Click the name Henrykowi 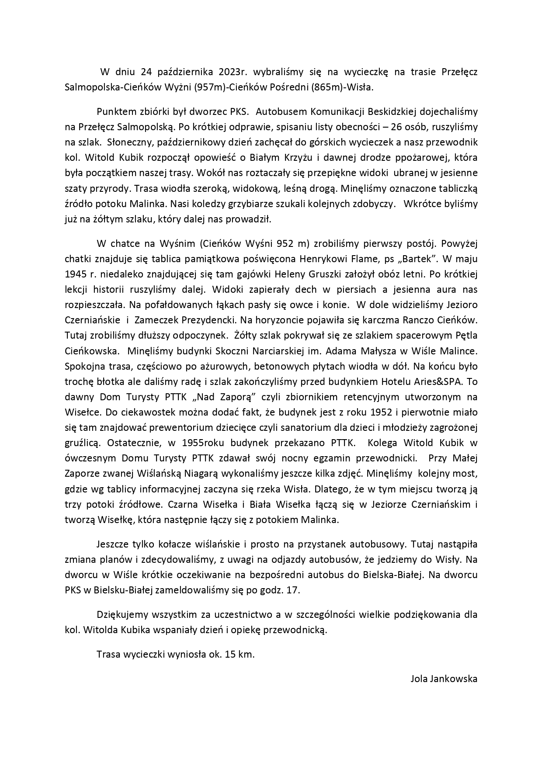[323, 259]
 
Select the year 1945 [77, 274]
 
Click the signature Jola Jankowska [444, 679]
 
